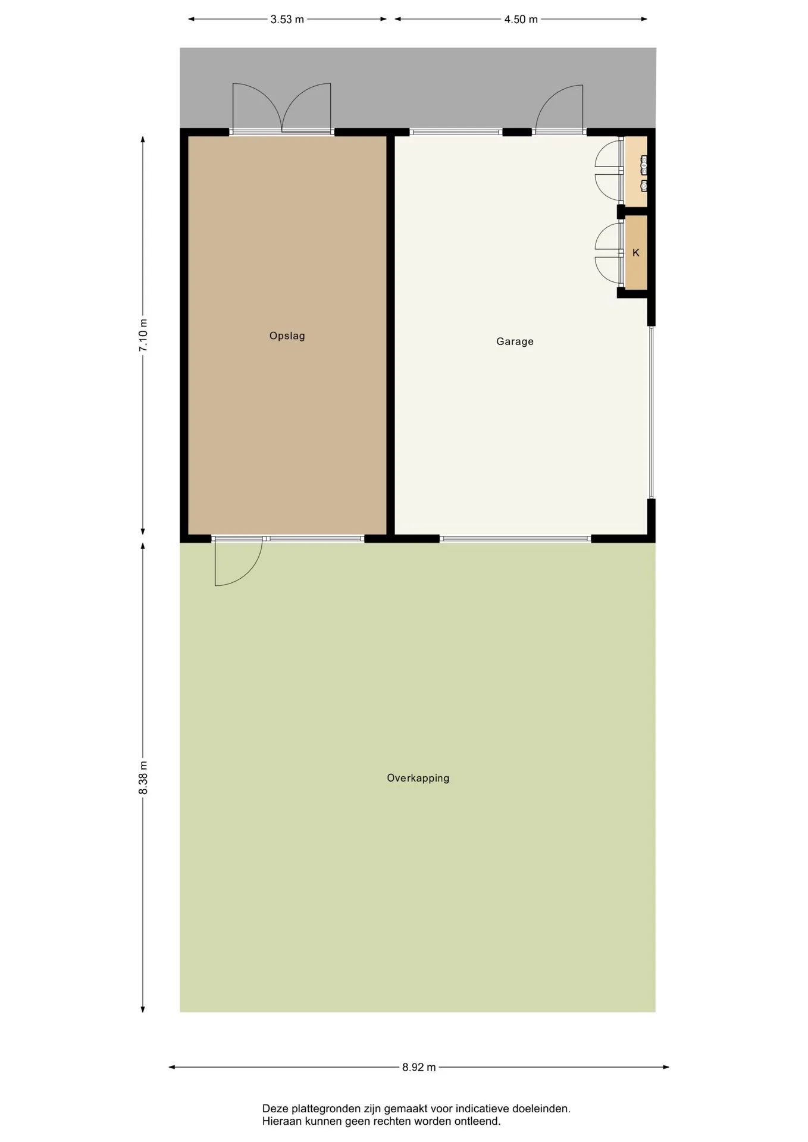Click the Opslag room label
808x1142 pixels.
[x=287, y=336]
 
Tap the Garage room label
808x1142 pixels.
[x=515, y=341]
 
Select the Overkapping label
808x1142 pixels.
[x=418, y=778]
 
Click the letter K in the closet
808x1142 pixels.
[x=635, y=253]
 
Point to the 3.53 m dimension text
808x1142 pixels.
[x=287, y=20]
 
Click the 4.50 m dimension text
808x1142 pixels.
[x=521, y=20]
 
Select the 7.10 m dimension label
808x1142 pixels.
[x=143, y=335]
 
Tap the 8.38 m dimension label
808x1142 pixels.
[x=143, y=777]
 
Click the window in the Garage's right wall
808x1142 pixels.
[x=651, y=412]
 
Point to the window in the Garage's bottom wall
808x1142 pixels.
[x=515, y=539]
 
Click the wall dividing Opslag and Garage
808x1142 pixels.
[x=391, y=335]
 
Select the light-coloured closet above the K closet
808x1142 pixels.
[x=635, y=172]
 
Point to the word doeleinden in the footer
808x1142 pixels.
[x=541, y=1109]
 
